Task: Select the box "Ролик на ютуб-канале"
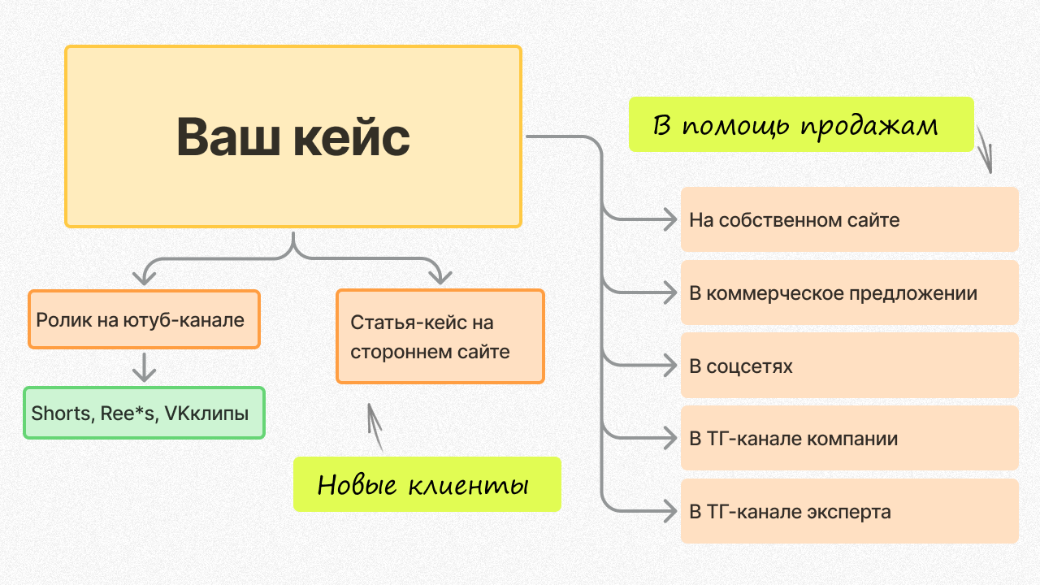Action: click(x=144, y=319)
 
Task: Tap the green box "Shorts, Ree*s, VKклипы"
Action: click(x=144, y=413)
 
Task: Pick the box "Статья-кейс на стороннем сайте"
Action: click(x=440, y=336)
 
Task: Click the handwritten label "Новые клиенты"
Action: click(x=427, y=484)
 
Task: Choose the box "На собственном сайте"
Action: click(x=849, y=219)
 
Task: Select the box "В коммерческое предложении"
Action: click(x=849, y=292)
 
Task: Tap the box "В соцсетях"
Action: click(x=849, y=366)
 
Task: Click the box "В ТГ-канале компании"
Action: click(x=849, y=439)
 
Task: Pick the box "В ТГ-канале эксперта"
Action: click(x=849, y=512)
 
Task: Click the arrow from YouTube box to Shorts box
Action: click(x=144, y=367)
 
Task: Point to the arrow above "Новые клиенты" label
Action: click(x=375, y=426)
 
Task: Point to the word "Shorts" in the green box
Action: click(x=61, y=413)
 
